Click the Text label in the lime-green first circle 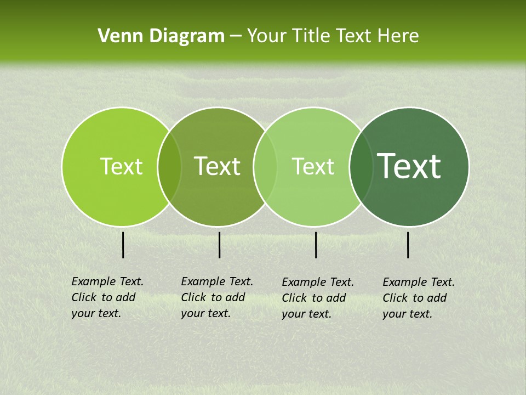click(121, 166)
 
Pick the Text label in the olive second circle click(218, 166)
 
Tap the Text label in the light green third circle click(313, 166)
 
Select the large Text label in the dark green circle click(409, 166)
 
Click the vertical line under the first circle click(123, 245)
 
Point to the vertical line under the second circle click(219, 245)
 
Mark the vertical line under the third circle click(316, 245)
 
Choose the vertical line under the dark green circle click(408, 245)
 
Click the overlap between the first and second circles click(169, 166)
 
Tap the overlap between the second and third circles click(265, 166)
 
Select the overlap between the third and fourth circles click(361, 166)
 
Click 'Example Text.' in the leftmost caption click(107, 281)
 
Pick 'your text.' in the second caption click(205, 313)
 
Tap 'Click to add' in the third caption click(314, 298)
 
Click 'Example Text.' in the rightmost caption click(419, 282)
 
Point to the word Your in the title click(267, 36)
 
